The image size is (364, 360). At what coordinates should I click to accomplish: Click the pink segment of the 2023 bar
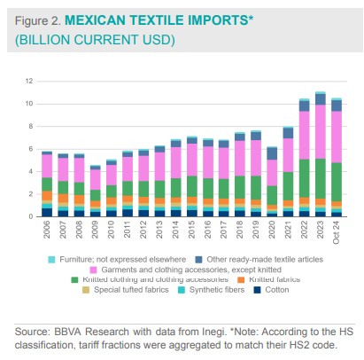click(321, 131)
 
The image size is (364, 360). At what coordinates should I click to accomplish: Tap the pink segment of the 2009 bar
click(95, 180)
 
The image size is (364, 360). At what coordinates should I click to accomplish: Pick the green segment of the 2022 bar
click(305, 177)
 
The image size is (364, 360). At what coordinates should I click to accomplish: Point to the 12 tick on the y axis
click(29, 82)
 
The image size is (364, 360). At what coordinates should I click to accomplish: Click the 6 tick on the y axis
click(30, 149)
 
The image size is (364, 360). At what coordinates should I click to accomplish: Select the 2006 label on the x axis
click(47, 230)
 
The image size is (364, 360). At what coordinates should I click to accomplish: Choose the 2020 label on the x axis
click(272, 230)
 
